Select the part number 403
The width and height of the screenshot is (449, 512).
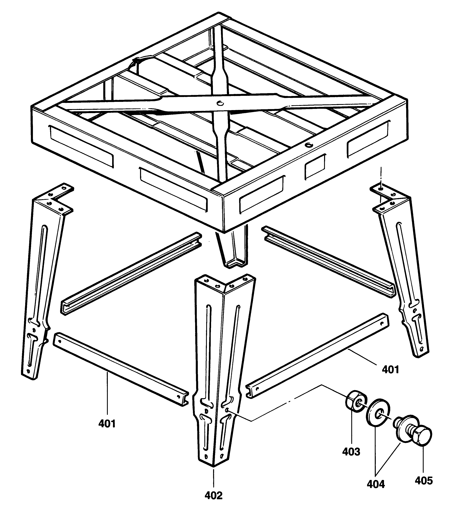[x=351, y=452]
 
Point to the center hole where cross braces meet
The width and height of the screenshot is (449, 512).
[x=220, y=103]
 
